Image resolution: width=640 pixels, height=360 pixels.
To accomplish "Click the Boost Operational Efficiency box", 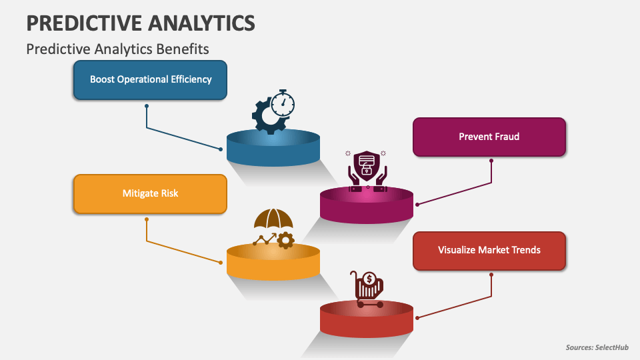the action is coord(150,80).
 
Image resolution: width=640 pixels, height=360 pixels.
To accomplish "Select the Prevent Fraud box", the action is coord(489,137).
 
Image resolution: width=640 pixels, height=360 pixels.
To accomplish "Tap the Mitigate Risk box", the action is coord(150,194).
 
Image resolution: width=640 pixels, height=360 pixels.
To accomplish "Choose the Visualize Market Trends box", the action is coord(489,251).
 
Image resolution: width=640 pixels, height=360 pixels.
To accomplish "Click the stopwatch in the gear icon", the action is coord(283,104).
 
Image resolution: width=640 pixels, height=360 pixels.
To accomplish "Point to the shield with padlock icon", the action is coord(367,164).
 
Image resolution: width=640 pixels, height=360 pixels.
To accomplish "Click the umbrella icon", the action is coord(273,219).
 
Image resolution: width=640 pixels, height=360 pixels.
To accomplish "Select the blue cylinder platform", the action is coord(273,148).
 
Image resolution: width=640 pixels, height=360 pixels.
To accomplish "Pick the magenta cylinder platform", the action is coord(367,205).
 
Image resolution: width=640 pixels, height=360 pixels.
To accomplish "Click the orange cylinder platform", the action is coord(273,261).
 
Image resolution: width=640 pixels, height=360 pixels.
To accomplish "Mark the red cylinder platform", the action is coord(367,319).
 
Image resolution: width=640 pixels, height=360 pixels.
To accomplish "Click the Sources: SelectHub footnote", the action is coord(597,347).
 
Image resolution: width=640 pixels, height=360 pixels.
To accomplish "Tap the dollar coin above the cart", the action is coord(369,279).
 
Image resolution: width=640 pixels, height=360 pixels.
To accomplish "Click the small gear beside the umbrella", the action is coord(286,241).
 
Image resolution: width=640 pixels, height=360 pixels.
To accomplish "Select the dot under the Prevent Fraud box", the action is coord(491,161).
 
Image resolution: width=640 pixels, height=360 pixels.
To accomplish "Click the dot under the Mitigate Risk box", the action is coord(147,219).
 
